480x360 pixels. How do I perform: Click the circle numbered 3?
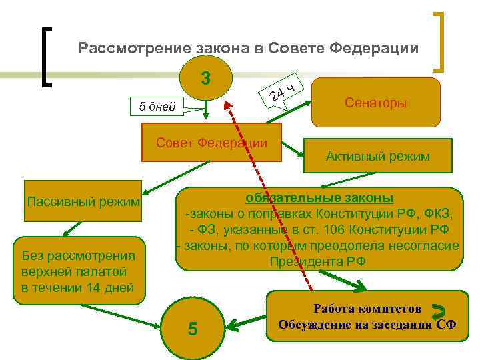tap(206, 79)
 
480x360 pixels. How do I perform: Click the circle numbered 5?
tap(192, 329)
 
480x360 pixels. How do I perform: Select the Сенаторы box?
tap(376, 103)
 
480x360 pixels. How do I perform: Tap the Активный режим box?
tap(377, 156)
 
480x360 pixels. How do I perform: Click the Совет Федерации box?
tap(211, 143)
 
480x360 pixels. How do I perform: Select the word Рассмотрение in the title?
tap(134, 49)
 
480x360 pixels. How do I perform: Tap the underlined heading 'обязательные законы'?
tap(319, 198)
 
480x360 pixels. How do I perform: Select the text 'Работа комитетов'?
tap(367, 309)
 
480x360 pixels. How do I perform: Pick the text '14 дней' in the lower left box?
tap(112, 287)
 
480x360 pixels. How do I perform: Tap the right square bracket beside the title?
tap(441, 41)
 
